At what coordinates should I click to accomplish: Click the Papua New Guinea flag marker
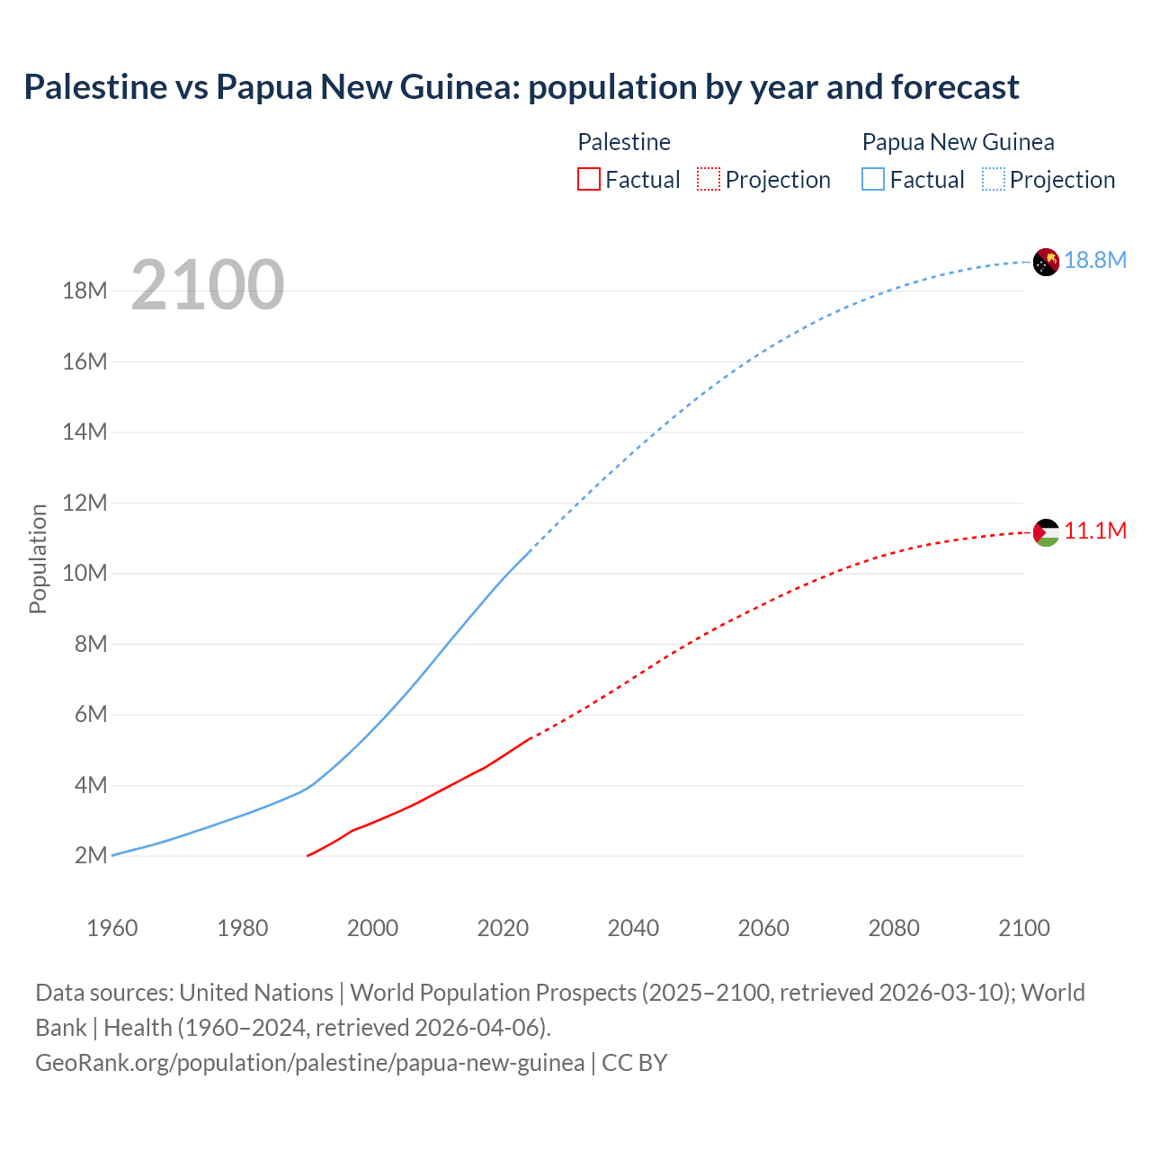coord(1046,262)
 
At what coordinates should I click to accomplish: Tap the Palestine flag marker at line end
coord(1046,532)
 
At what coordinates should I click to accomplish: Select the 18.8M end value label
coord(1095,260)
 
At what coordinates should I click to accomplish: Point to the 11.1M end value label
coord(1095,531)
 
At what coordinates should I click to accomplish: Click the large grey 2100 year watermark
coord(208,285)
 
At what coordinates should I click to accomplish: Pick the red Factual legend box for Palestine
coord(589,179)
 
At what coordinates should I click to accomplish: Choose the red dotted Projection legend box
coord(709,179)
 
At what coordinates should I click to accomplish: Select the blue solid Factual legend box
coord(873,179)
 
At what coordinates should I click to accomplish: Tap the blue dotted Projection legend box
coord(994,179)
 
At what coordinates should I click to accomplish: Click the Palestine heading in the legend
coord(624,142)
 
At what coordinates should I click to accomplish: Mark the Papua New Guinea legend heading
coord(958,142)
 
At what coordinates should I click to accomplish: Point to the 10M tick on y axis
coord(85,573)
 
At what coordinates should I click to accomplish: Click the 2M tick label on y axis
coord(91,855)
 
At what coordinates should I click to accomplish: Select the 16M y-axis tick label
coord(85,361)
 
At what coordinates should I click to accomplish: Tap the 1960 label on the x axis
coord(112,928)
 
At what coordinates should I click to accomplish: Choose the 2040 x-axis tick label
coord(633,928)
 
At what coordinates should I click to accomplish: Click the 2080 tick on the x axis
coord(894,928)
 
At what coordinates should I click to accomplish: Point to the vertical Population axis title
coord(38,558)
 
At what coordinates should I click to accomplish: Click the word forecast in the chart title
coord(955,87)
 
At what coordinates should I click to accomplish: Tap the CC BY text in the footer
coord(634,1063)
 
